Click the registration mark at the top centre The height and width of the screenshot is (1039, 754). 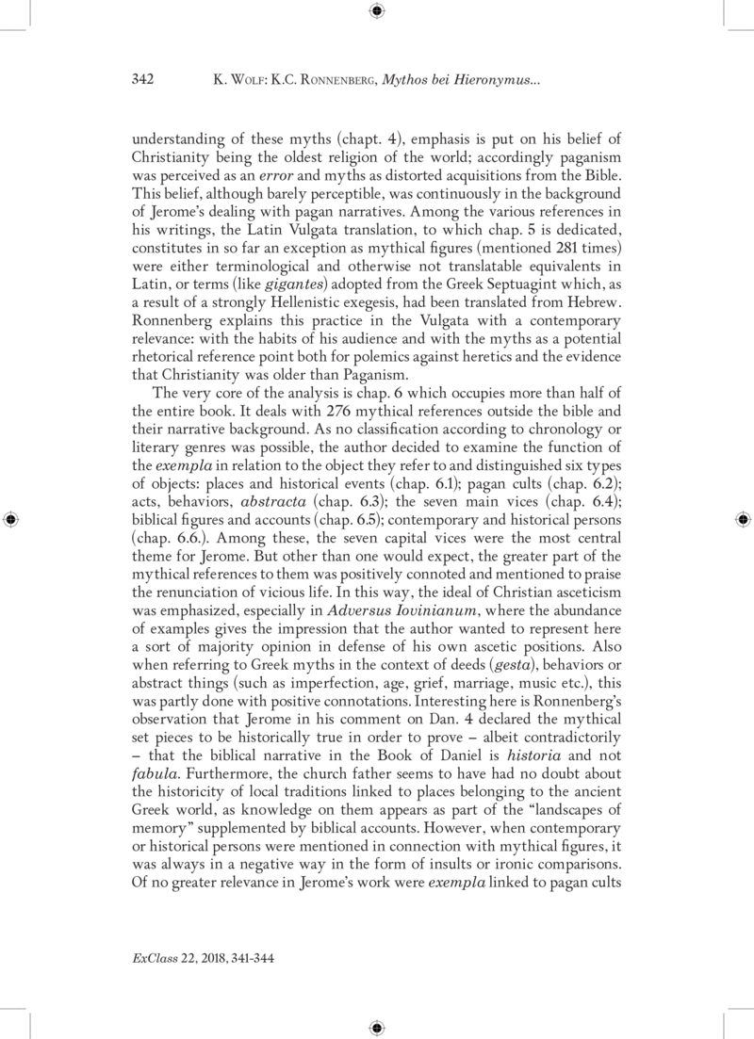coord(377,11)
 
